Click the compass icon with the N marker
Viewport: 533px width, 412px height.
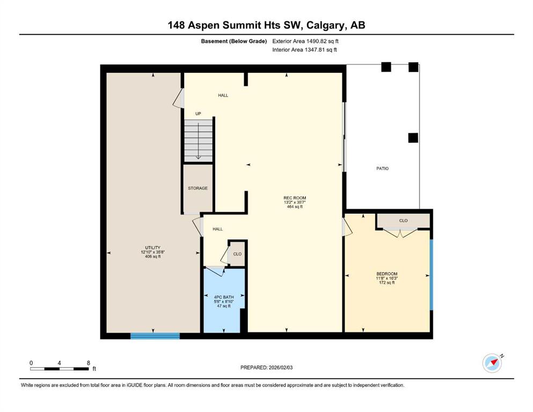[x=492, y=363]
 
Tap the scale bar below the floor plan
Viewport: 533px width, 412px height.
[x=60, y=369]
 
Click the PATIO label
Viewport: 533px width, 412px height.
[x=382, y=168]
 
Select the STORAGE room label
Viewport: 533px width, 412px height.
[x=198, y=188]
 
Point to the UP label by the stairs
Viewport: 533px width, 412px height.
[x=198, y=114]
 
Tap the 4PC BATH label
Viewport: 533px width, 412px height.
[x=224, y=297]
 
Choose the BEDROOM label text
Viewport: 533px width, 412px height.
[x=387, y=274]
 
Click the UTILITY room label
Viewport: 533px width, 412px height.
[x=152, y=248]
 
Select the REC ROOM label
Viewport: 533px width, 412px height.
[x=295, y=197]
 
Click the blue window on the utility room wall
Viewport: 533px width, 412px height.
[x=155, y=336]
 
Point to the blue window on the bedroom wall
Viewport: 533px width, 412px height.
[x=432, y=275]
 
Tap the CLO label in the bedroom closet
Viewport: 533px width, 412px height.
[x=404, y=221]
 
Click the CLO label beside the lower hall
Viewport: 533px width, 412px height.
[x=237, y=254]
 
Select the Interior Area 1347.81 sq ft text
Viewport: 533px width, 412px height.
[x=304, y=50]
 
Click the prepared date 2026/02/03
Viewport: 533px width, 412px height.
[x=281, y=367]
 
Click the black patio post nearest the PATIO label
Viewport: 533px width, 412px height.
[x=413, y=138]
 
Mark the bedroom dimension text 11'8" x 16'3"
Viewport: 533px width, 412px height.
[x=387, y=278]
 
